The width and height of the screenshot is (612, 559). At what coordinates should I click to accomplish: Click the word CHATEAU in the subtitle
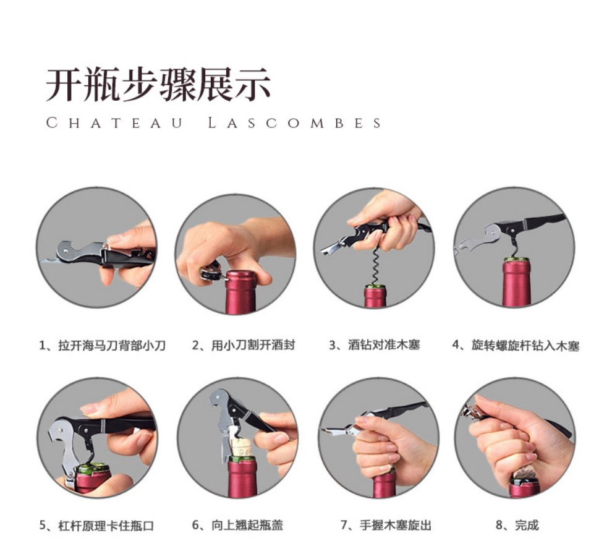(114, 123)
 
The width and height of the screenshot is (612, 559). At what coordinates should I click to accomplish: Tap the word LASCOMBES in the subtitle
(295, 123)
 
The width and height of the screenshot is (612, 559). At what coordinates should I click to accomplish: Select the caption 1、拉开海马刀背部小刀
(103, 346)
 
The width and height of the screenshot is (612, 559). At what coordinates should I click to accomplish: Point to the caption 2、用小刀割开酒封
(243, 345)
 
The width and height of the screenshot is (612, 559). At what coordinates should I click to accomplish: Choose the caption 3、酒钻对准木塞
(374, 344)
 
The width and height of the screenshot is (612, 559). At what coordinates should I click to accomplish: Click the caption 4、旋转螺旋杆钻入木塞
(516, 346)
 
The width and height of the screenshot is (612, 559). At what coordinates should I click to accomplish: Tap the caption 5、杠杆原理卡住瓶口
(96, 526)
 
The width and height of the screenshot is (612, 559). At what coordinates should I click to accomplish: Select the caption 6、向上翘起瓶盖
(237, 525)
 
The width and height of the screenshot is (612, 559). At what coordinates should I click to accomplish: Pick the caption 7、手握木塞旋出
(386, 525)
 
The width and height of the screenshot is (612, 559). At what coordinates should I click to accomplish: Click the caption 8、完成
(517, 525)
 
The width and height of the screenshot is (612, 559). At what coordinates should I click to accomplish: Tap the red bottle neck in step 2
(240, 292)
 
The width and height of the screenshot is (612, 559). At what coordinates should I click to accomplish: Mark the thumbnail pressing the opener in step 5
(89, 409)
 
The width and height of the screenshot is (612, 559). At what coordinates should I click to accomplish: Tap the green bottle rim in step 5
(91, 468)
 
